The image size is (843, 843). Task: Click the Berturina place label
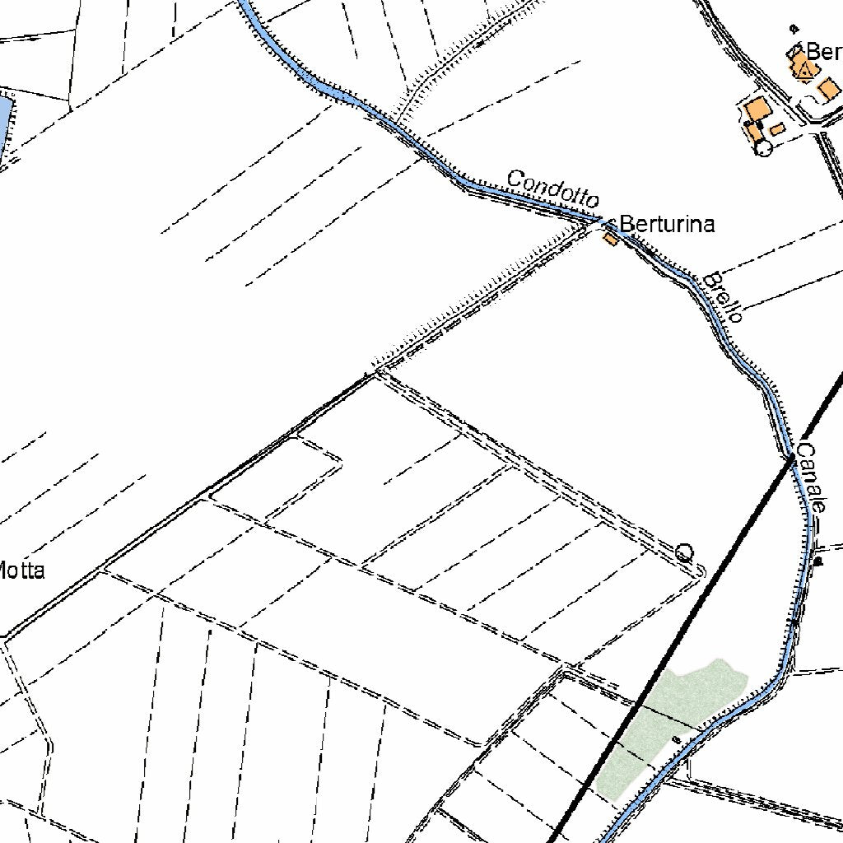click(x=667, y=224)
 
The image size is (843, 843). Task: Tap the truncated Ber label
click(x=823, y=52)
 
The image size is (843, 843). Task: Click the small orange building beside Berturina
click(x=610, y=239)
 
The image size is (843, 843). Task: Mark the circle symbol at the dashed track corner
click(x=683, y=552)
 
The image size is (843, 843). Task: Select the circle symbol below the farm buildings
click(x=763, y=147)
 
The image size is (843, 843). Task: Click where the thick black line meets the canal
click(x=790, y=458)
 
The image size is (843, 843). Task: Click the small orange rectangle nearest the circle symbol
click(x=776, y=129)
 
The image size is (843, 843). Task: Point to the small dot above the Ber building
click(x=794, y=27)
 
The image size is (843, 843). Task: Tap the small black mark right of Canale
click(x=818, y=561)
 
